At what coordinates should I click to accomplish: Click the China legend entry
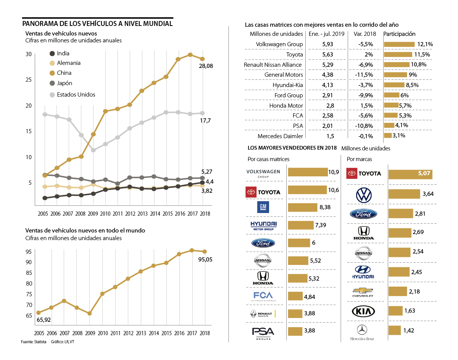[64, 73]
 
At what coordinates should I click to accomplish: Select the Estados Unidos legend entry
[76, 94]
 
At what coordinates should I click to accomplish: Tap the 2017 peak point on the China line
[190, 55]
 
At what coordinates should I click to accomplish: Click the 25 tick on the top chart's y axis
[29, 80]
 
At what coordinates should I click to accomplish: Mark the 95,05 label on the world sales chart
[206, 260]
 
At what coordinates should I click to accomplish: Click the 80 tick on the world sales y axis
[29, 283]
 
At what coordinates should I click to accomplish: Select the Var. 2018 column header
[365, 34]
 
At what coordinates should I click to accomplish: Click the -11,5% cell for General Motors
[365, 75]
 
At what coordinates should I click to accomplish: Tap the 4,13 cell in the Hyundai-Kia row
[328, 85]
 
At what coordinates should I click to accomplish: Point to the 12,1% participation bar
[399, 44]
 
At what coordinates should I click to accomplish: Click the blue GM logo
[263, 207]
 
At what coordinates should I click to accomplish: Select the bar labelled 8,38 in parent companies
[302, 207]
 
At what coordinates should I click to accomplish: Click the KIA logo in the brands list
[363, 312]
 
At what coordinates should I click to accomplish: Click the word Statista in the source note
[40, 342]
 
